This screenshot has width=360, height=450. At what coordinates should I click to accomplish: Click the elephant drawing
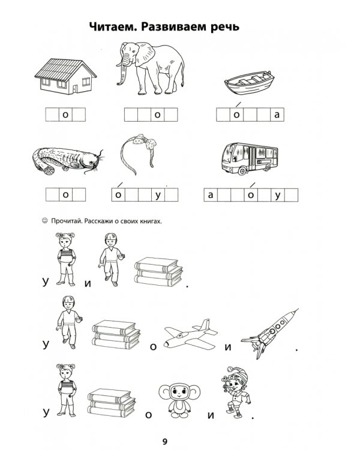point(150,68)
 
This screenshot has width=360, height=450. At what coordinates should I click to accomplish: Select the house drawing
point(65,76)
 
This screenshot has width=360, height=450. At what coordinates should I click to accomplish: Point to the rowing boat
point(249,83)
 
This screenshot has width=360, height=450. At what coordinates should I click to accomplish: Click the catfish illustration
point(67,160)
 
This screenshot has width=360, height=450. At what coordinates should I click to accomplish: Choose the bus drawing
point(250,158)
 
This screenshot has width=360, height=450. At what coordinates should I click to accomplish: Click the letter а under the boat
point(277,115)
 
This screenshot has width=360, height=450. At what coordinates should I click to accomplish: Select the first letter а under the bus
point(211,195)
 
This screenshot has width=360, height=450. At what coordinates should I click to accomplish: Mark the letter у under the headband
point(158,196)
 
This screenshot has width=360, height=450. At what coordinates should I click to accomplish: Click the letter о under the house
point(65,115)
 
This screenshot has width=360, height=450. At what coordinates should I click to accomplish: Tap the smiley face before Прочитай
point(44,221)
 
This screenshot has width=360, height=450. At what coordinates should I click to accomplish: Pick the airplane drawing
point(190,334)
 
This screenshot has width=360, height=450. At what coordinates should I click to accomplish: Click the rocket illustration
point(269,334)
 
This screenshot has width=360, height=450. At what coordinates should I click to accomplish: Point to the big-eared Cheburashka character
point(179,401)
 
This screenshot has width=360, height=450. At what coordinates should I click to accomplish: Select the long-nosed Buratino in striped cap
point(236,392)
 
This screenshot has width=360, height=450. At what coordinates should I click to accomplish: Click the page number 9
point(165,442)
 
